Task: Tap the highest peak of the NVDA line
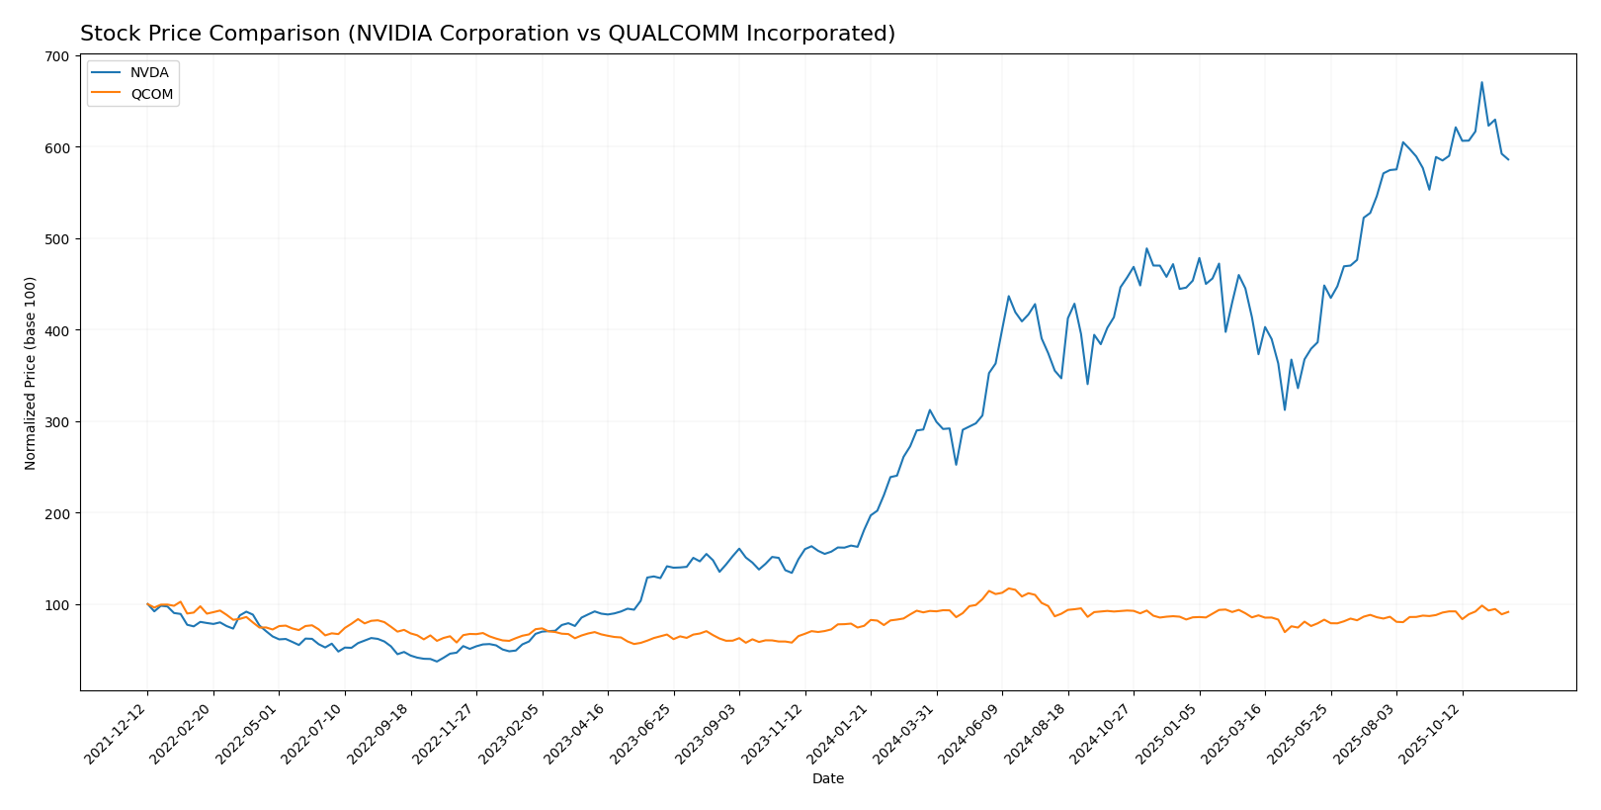1481,82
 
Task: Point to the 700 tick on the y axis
59,56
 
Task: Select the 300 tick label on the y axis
59,422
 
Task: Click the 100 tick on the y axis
59,605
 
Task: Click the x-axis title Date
827,779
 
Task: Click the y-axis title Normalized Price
31,373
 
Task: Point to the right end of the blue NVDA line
1508,159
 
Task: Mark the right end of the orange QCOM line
1508,612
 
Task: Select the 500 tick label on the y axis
59,239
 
